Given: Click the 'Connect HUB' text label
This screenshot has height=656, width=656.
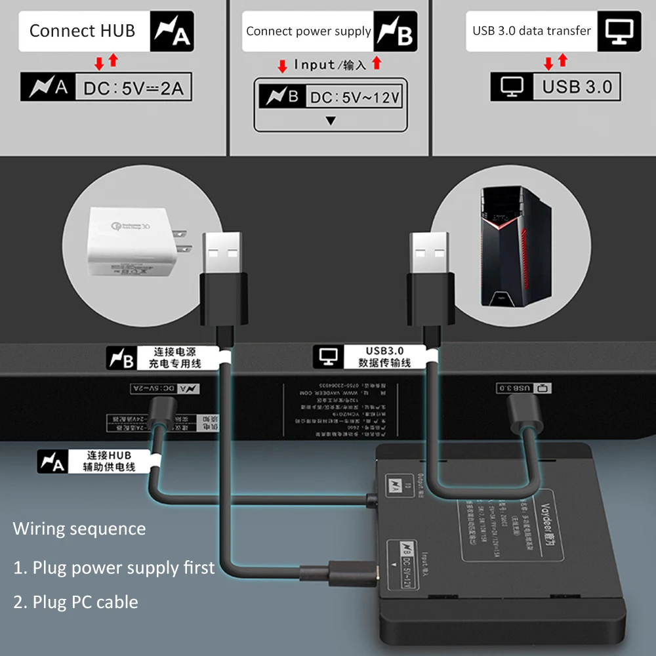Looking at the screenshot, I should coord(82,31).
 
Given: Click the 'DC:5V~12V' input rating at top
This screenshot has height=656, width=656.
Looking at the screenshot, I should coord(355,98).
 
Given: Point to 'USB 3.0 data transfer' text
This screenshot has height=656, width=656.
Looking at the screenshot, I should coord(531,31).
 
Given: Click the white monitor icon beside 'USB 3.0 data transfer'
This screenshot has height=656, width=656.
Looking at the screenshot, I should coord(619,31).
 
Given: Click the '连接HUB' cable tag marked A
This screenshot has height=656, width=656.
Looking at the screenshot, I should coord(92,461).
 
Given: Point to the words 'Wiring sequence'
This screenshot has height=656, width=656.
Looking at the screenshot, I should coord(79,529).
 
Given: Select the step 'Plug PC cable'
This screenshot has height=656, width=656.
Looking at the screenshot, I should coord(76,602).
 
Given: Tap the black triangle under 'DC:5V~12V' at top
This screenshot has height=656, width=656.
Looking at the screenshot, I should coord(331,121).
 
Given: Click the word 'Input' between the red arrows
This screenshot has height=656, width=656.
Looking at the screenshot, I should coord(315,64).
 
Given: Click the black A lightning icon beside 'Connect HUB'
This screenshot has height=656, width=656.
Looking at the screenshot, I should coord(172,31).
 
